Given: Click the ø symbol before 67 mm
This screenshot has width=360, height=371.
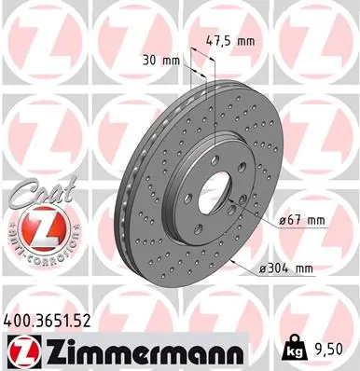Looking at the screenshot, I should (x=283, y=220).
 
